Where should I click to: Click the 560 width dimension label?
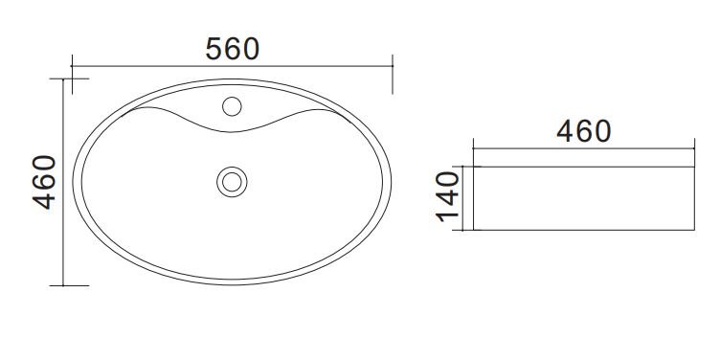(233, 49)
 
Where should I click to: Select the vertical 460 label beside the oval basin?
(45, 182)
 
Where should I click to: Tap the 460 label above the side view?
(584, 131)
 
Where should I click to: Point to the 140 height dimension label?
(448, 196)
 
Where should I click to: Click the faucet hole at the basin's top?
(232, 106)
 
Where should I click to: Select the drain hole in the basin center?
(232, 182)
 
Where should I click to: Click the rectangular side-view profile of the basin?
(584, 198)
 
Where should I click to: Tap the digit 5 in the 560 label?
(214, 49)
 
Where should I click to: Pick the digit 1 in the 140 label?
(448, 216)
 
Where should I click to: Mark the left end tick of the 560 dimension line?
(72, 66)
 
